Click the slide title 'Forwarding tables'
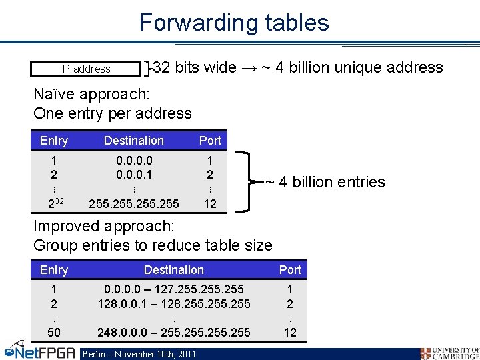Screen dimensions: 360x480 tap(234, 23)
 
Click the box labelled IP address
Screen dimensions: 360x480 tap(86, 69)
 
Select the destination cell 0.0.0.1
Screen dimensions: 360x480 tap(134, 175)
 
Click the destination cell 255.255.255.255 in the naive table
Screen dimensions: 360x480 tap(134, 203)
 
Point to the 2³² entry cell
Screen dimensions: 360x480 tap(54, 203)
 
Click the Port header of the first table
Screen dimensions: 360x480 tap(210, 141)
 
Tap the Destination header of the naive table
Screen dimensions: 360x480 tap(134, 141)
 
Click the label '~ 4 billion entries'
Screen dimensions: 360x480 tap(325, 182)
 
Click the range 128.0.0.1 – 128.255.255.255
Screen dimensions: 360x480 tap(174, 304)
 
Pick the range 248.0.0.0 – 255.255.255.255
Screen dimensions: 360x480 tap(174, 332)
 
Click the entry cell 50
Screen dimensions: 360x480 tap(54, 332)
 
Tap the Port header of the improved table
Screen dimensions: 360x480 tap(290, 270)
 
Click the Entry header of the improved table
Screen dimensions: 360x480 tap(54, 270)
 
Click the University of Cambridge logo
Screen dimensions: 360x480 tap(449, 353)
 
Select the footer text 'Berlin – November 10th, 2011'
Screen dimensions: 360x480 tap(139, 353)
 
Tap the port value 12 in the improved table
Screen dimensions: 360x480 tap(290, 332)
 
